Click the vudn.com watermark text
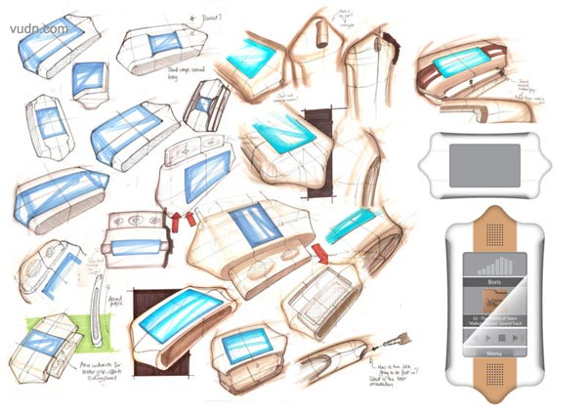pos(39,28)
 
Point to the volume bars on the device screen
pos(499,265)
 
